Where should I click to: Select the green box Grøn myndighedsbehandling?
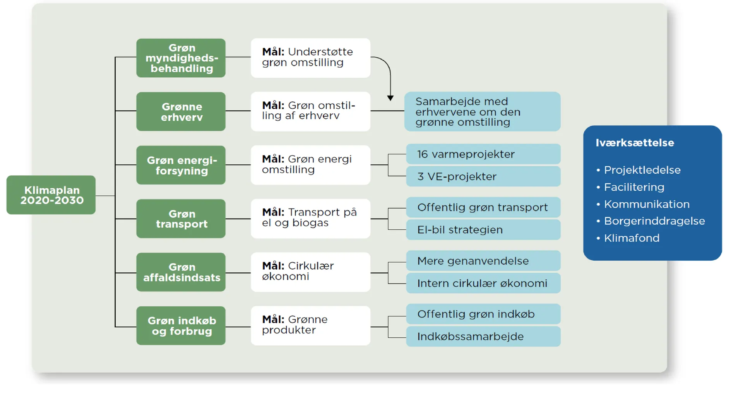[x=181, y=58]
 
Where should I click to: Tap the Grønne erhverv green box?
[x=181, y=111]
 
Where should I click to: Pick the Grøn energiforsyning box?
[x=181, y=165]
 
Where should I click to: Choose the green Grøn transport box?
[x=181, y=219]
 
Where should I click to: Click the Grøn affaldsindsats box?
[x=181, y=272]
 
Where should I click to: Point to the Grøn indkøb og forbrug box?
[x=181, y=326]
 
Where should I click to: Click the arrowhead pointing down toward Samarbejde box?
[x=390, y=98]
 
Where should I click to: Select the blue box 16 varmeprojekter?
[x=483, y=154]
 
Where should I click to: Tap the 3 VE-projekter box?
[x=483, y=176]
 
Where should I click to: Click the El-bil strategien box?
[x=483, y=230]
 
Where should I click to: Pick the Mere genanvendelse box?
[x=483, y=261]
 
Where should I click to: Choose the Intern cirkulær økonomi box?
[x=483, y=283]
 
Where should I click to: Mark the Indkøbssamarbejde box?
[x=483, y=337]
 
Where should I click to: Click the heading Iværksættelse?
[x=635, y=143]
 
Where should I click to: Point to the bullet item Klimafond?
[x=632, y=238]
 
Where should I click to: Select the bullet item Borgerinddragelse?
[x=654, y=221]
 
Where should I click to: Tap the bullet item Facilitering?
[x=634, y=187]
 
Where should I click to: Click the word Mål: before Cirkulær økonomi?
[x=273, y=266]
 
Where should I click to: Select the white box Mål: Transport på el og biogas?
[x=310, y=219]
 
